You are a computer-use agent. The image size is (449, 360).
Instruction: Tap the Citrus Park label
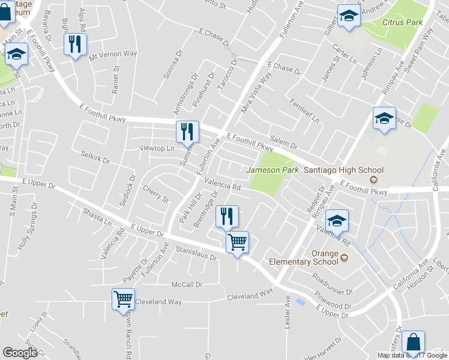pos(402,23)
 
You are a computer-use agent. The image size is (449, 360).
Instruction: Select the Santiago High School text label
pos(343,170)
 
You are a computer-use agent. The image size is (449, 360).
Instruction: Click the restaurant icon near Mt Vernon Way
pos(76,44)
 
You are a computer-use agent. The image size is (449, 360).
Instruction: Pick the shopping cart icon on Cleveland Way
pos(124,299)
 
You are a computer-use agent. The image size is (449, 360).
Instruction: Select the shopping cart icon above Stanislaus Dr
pos(237,243)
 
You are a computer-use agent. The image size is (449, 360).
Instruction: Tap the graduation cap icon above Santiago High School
pos(384,118)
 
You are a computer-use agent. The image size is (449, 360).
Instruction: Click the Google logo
pos(20,353)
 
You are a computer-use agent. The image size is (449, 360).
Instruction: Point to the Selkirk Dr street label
pos(95,157)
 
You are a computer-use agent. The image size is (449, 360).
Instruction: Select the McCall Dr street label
pos(187,284)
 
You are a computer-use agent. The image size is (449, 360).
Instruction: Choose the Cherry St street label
pos(155,193)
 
